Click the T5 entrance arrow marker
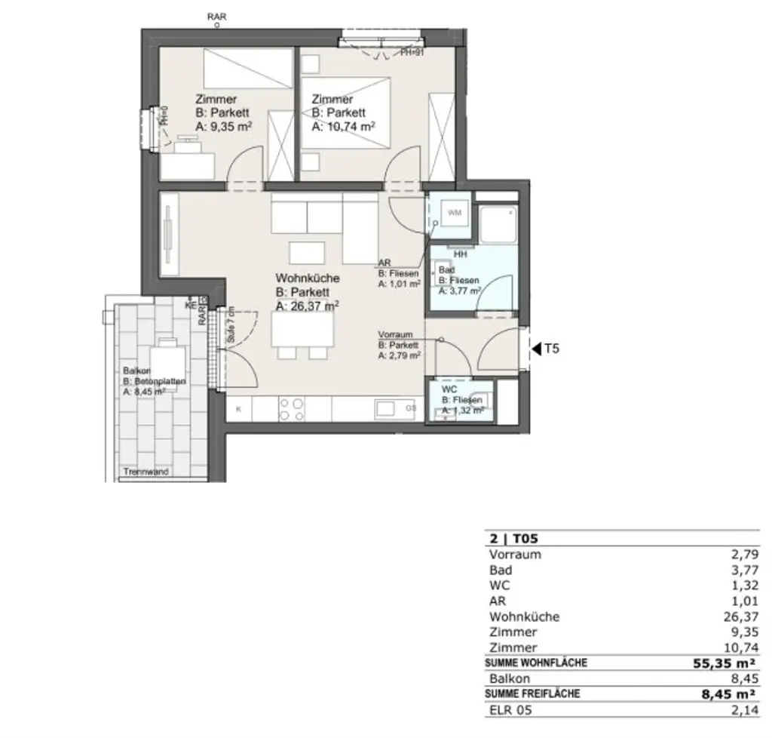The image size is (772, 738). coord(537,349)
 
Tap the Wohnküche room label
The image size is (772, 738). coord(308,278)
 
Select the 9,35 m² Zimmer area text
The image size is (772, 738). coord(223,127)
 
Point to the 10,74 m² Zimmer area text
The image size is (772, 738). coord(343,128)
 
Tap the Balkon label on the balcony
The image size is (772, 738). coord(136,371)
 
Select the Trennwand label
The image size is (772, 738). coord(146,472)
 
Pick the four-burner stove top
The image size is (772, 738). coord(292,409)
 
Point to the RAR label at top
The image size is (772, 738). coord(216,15)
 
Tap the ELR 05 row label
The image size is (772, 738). coord(507,710)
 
